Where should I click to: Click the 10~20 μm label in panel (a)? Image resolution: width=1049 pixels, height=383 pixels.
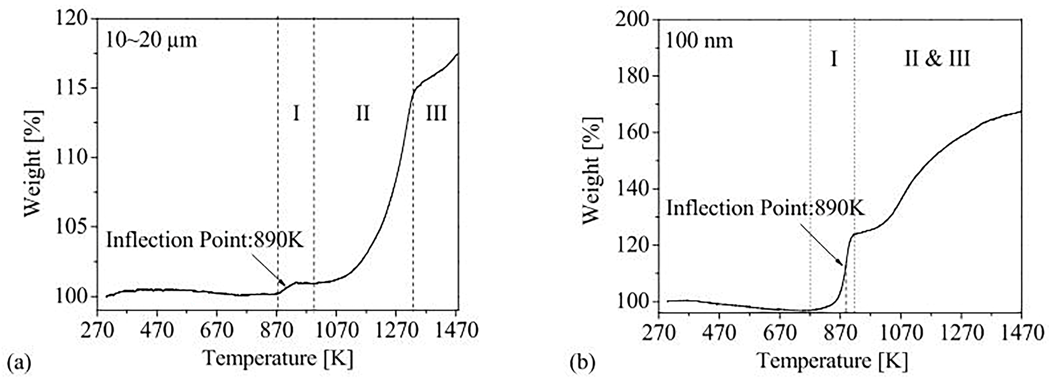(151, 41)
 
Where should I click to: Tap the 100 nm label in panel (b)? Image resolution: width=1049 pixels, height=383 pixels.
(699, 41)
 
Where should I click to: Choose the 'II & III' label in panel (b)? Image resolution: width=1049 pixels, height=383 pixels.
(937, 59)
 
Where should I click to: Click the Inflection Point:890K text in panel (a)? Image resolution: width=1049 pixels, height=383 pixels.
(205, 240)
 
